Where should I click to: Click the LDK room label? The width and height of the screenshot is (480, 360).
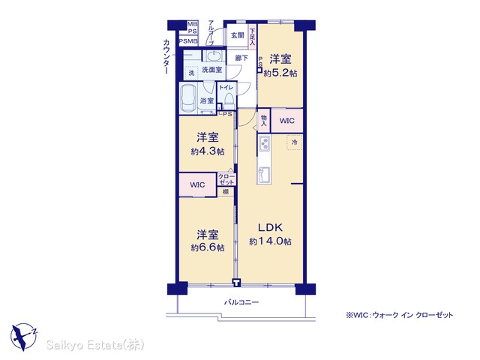pos(270,227)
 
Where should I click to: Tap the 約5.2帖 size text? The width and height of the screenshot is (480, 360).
pos(280,73)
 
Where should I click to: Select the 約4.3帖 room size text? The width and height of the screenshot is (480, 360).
pos(208,151)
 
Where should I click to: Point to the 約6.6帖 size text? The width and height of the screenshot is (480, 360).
pos(208,247)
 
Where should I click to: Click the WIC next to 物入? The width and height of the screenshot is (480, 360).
pos(286,121)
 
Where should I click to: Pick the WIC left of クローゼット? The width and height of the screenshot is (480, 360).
pos(197,184)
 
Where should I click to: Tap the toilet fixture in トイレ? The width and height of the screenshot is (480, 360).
pos(229,100)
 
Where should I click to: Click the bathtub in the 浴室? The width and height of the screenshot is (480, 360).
pos(188,98)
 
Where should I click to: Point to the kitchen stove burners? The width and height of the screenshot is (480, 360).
pos(264,143)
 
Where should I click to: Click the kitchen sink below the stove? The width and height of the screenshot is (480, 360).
pos(263,175)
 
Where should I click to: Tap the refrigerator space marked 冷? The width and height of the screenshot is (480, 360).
pos(295,142)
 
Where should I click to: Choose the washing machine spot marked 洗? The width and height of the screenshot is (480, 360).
pos(192,73)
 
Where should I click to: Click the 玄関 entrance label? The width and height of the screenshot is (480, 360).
pos(237,35)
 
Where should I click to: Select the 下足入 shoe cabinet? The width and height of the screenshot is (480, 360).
pos(252,37)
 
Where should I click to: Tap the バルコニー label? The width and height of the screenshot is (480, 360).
pos(241,302)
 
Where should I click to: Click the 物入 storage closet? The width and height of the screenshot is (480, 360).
pos(264,121)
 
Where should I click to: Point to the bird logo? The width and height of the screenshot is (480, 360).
pos(23,337)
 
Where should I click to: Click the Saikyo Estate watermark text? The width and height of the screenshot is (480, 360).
pos(95,345)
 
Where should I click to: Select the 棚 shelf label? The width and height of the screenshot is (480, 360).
pos(226,192)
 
